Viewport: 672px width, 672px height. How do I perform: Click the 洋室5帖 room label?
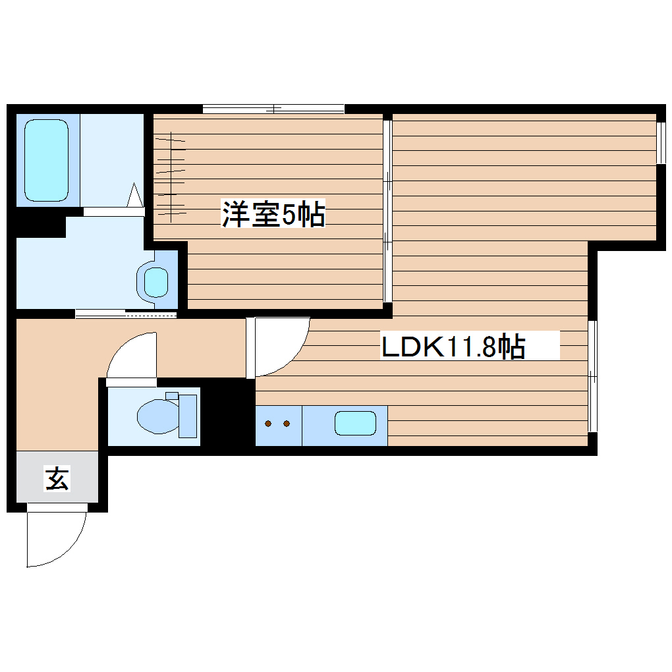[273, 214]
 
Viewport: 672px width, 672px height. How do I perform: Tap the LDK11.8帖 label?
[453, 347]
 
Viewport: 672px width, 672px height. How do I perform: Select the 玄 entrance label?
[57, 478]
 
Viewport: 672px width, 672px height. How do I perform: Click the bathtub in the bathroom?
[46, 161]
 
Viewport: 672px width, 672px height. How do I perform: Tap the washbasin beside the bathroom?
[156, 282]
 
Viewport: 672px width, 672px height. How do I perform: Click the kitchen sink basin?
[355, 423]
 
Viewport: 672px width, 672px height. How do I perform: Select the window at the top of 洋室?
[273, 109]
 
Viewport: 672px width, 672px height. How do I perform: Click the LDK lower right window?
[592, 376]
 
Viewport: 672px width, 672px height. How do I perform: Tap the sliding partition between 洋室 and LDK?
[388, 210]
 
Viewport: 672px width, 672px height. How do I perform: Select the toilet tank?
[188, 416]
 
